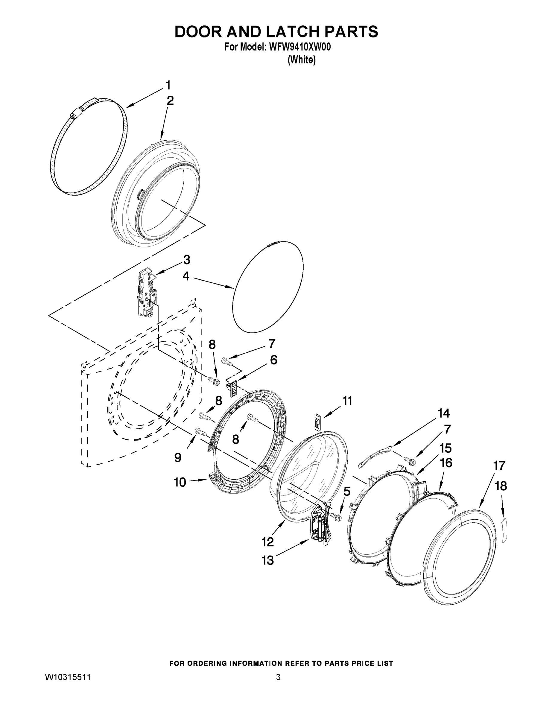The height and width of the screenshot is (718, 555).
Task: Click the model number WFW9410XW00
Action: (299, 47)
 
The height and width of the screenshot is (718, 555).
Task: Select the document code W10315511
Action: (68, 678)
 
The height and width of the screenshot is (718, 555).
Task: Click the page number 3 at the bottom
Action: (278, 678)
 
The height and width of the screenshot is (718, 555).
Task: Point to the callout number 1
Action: (168, 85)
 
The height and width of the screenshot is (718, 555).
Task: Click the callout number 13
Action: (268, 560)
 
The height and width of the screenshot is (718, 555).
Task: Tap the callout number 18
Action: (501, 486)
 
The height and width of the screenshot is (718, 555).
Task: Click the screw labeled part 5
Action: (336, 517)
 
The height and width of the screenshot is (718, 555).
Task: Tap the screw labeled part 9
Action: (200, 431)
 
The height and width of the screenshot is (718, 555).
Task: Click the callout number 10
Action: (180, 483)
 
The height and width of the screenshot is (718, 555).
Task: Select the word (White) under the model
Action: (302, 60)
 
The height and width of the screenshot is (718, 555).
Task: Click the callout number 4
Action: (186, 276)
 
